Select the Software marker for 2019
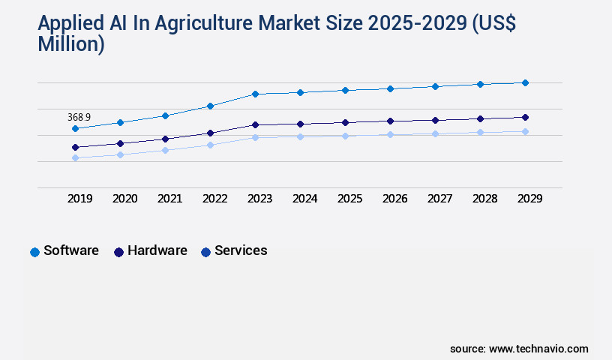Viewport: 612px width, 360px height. pos(75,129)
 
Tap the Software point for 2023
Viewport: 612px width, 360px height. pos(255,94)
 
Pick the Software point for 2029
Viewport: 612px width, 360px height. pos(525,82)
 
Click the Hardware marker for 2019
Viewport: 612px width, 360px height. pos(75,147)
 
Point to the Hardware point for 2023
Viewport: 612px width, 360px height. pos(255,124)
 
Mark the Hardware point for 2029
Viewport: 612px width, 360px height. pos(525,117)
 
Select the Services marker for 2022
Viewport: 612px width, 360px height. pos(210,145)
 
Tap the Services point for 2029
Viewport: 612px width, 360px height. pos(525,131)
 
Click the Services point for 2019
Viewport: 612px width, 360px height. pos(75,157)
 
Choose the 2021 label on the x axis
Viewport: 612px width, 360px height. pos(169,199)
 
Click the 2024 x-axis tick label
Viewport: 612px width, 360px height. pos(304,199)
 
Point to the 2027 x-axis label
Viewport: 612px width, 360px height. pos(439,199)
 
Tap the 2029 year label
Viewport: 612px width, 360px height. pos(529,199)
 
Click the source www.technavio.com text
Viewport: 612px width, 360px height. pos(519,349)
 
